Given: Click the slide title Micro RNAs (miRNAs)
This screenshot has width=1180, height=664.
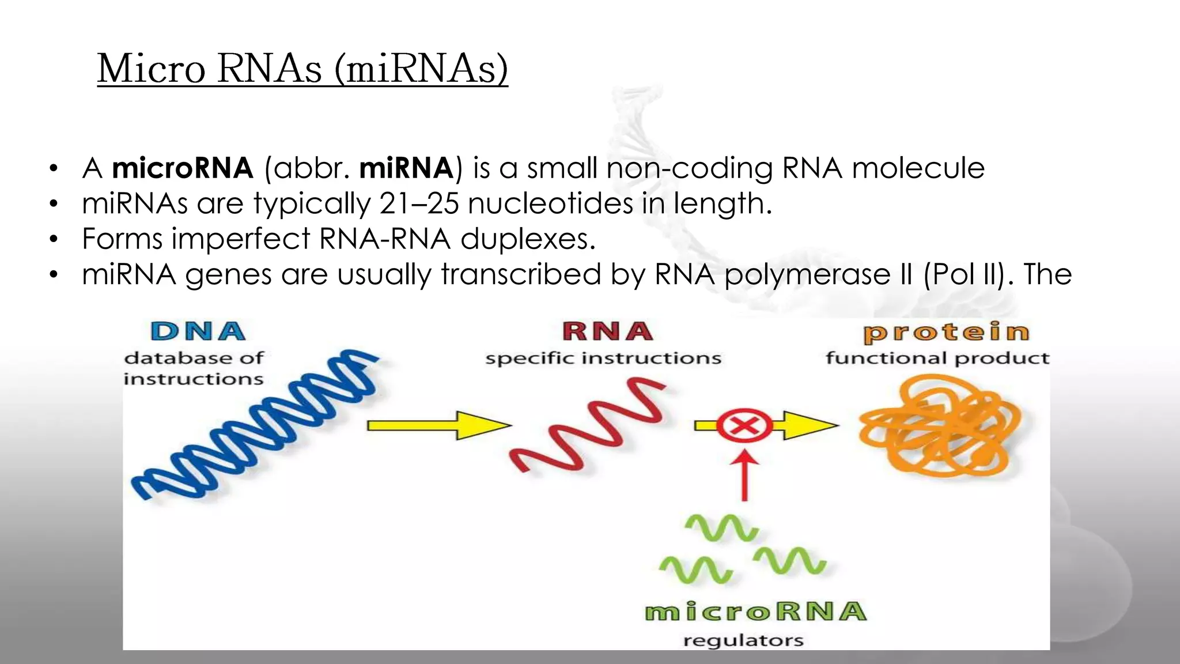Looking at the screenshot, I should (302, 69).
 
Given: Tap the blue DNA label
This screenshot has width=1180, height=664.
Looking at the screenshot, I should (198, 331).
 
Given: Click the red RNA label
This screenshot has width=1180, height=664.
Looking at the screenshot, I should (607, 331).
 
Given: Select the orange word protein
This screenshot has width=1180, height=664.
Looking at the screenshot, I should (946, 333).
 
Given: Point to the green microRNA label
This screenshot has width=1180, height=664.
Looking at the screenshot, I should (755, 612).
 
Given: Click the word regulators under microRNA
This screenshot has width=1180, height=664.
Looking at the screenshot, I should (743, 640).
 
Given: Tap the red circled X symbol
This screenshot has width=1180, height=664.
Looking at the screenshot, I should (744, 427).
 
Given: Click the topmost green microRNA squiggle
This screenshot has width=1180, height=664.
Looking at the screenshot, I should (721, 527).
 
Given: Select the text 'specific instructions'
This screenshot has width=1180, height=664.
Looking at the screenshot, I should (603, 359).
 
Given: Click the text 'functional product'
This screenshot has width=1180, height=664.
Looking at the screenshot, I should (937, 359).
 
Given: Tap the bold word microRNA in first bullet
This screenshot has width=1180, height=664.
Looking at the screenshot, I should (182, 168).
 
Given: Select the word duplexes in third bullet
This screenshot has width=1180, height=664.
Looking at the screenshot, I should (527, 239).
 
